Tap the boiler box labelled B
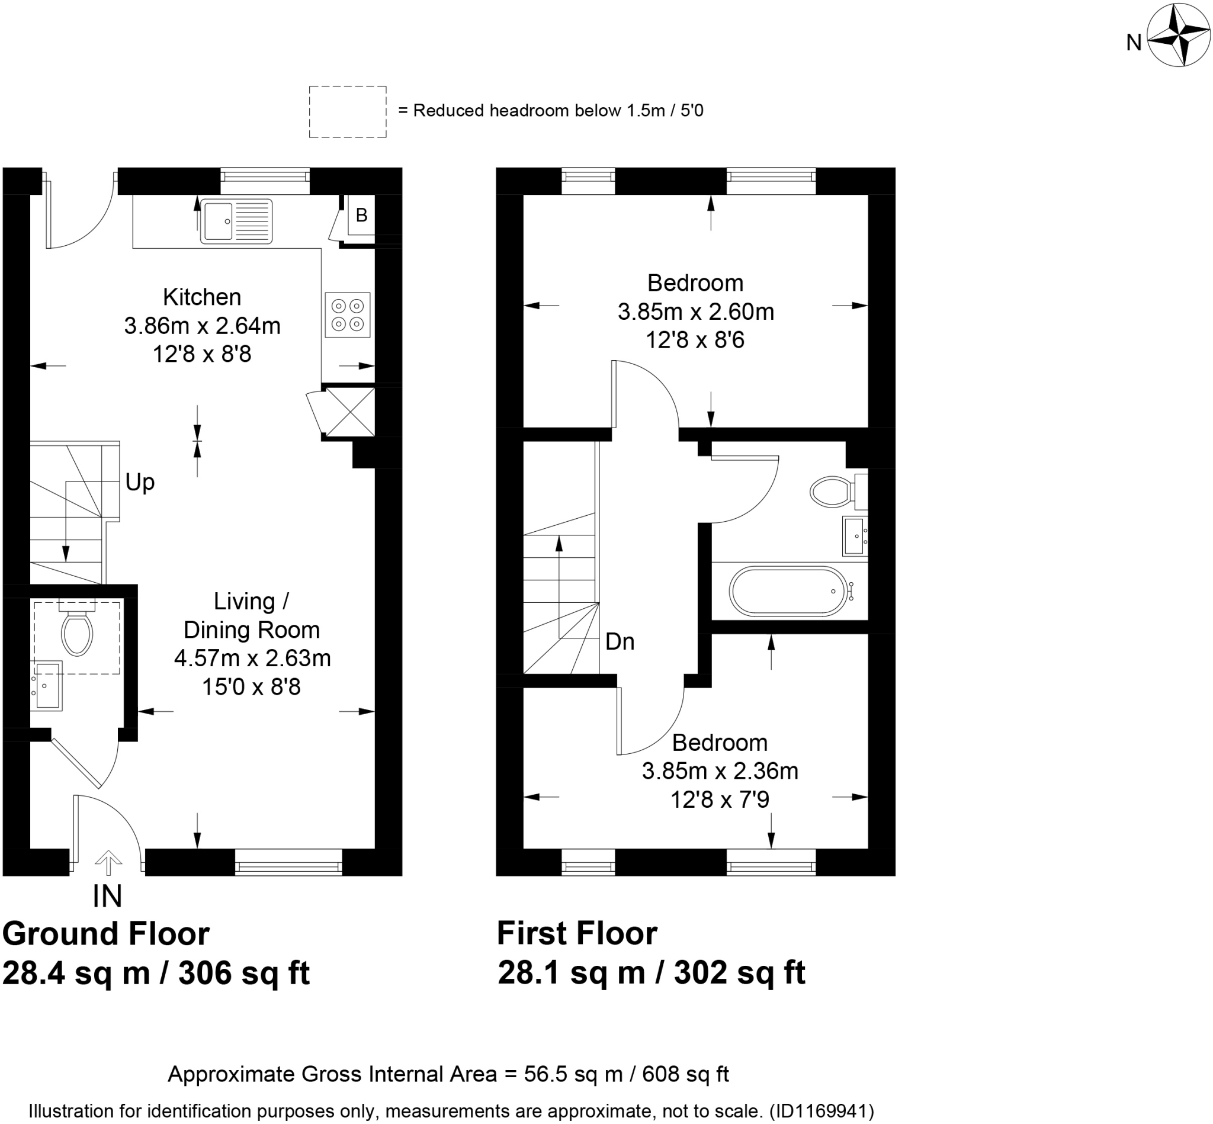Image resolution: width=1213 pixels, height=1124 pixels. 361,215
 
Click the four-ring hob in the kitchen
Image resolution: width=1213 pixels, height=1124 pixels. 347,314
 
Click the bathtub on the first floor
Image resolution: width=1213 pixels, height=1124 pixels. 788,591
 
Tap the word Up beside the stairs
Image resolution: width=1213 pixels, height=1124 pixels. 139,482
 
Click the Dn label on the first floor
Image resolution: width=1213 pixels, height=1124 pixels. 620,642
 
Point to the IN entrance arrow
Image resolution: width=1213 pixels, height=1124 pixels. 108,862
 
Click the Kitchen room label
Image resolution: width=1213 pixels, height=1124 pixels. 202,297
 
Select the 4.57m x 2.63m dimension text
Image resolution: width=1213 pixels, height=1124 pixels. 252,658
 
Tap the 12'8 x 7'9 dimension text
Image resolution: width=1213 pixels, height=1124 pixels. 720,799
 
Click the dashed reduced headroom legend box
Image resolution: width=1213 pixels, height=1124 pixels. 347,112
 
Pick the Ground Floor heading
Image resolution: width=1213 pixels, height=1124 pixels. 107,934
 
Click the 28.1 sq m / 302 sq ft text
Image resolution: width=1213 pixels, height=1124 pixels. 651,972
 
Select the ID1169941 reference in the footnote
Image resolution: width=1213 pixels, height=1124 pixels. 821,1112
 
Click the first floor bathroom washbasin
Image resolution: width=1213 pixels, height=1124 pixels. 854,536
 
